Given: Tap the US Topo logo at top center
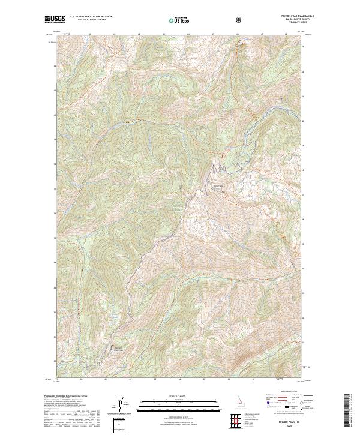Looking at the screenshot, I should [179, 20].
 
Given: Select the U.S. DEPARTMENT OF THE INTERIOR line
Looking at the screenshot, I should [91, 17].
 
